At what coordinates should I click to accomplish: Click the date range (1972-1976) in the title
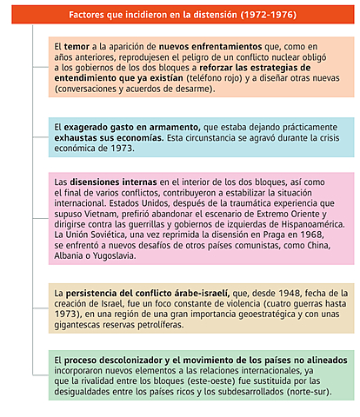point(273,15)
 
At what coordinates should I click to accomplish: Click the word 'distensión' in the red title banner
point(216,15)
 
